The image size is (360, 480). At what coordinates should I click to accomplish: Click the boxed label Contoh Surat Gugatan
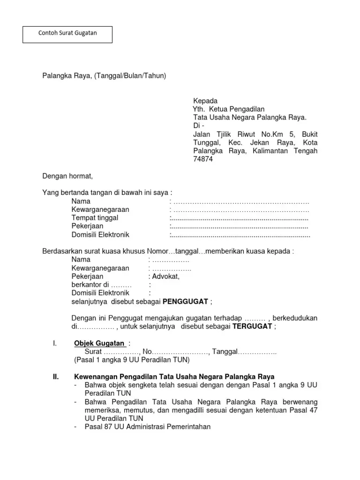[67, 34]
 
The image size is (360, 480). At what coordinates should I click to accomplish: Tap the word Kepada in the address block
[205, 101]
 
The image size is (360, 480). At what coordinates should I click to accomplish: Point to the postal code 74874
[203, 159]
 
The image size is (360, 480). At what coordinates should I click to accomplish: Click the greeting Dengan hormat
[68, 176]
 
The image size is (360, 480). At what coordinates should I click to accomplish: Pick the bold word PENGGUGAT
[186, 301]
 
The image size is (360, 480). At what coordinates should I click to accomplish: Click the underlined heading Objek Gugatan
[99, 344]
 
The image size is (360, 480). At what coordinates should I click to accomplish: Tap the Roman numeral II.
[55, 377]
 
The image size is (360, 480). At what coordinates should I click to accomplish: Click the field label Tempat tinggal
[95, 218]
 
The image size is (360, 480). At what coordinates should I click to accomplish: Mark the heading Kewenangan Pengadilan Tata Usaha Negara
[174, 377]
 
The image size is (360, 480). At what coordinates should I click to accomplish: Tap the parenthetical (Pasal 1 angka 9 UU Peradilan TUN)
[132, 360]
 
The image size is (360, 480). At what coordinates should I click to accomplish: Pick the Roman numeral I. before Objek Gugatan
[55, 344]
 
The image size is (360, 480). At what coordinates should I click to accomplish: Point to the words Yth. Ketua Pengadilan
[229, 109]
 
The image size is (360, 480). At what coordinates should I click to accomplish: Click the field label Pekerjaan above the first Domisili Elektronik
[87, 226]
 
